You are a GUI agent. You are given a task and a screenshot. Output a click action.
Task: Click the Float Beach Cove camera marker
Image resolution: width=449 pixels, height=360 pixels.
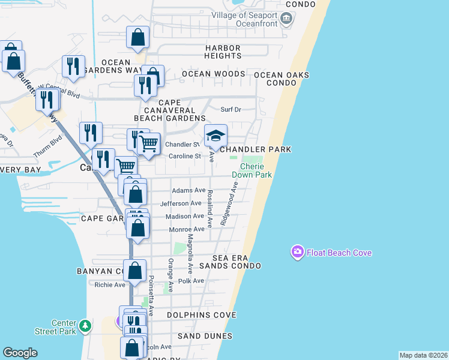pyautogui.click(x=297, y=253)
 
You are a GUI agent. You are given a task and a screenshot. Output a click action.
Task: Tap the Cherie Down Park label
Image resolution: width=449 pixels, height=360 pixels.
pyautogui.click(x=256, y=170)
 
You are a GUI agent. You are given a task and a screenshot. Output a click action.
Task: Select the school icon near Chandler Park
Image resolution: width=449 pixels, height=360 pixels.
pyautogui.click(x=216, y=136)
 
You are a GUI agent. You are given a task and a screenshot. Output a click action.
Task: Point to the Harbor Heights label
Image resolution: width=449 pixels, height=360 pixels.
pyautogui.click(x=223, y=52)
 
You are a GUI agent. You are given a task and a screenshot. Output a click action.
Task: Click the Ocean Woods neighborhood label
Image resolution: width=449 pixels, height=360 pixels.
pyautogui.click(x=213, y=74)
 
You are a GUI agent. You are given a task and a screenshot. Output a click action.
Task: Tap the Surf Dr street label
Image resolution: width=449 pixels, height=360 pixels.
pyautogui.click(x=231, y=110)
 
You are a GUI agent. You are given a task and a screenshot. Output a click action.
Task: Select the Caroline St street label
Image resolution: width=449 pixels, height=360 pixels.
pyautogui.click(x=184, y=156)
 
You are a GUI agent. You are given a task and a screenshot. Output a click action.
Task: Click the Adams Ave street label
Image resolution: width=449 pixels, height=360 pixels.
pyautogui.click(x=188, y=190)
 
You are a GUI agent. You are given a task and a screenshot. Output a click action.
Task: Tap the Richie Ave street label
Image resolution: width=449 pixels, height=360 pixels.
pyautogui.click(x=109, y=285)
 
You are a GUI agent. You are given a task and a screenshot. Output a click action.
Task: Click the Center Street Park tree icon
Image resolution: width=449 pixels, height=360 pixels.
pyautogui.click(x=85, y=326)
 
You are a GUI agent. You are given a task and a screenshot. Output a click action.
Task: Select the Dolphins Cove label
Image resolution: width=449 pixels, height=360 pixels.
pyautogui.click(x=201, y=315)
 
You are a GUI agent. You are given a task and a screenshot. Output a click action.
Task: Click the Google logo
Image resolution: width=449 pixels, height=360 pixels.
pyautogui.click(x=20, y=353)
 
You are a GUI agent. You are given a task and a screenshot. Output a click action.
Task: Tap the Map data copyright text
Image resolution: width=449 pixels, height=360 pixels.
pyautogui.click(x=423, y=355)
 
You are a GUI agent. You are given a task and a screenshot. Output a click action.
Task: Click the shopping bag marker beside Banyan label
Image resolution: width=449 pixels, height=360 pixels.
pyautogui.click(x=135, y=271)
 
